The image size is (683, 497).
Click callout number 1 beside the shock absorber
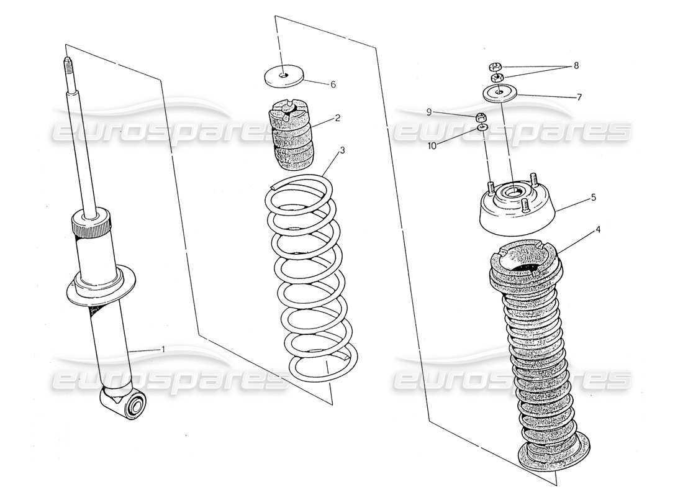click(x=163, y=350)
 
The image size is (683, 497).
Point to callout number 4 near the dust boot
click(x=597, y=229)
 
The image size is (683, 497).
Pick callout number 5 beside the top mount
click(x=593, y=198)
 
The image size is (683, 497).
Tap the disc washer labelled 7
click(x=500, y=93)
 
